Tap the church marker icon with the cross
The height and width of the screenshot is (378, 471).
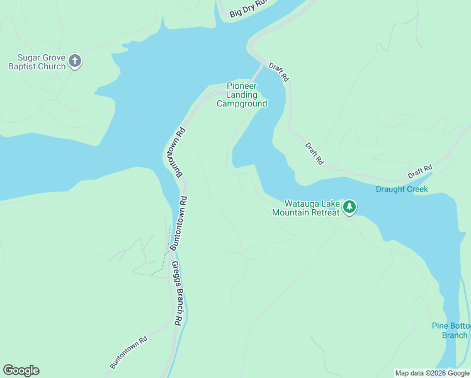point(75,61)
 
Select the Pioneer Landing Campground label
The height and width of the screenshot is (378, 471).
point(242,95)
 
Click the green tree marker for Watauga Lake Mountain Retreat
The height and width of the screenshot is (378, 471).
point(349,207)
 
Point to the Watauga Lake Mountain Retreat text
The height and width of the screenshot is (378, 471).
point(305,208)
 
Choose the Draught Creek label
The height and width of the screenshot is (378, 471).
point(402,189)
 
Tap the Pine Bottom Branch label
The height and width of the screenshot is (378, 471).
point(450,330)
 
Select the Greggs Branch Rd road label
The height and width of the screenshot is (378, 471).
point(178,292)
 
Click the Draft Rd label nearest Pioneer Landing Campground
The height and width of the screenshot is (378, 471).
point(278,72)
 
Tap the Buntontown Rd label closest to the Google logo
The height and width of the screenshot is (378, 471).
point(128,352)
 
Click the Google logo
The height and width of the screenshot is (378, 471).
point(21,370)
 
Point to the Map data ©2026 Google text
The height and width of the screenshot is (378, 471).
point(432,373)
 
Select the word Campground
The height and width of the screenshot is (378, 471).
point(242,103)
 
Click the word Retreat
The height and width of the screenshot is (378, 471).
point(324,212)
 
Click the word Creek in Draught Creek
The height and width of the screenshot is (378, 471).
point(417,189)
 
